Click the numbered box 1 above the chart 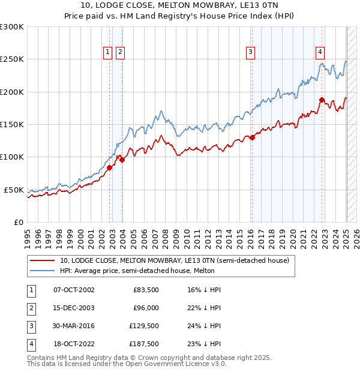pos(108,52)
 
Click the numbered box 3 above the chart pos(250,52)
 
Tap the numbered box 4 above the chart pos(320,52)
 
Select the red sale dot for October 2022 pos(322,100)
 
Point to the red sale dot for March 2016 pos(253,137)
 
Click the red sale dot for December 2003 pos(122,160)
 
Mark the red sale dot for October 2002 pos(110,168)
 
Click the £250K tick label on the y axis pos(12,59)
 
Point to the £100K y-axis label pos(12,157)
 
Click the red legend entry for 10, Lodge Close pos(175,260)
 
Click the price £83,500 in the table pos(145,290)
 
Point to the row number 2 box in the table pos(29,308)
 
